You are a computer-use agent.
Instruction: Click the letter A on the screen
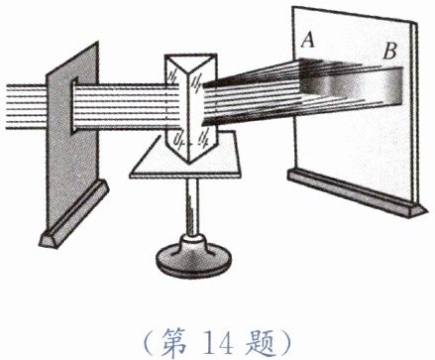307,40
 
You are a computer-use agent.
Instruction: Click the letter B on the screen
389,52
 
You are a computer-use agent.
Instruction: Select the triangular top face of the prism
190,64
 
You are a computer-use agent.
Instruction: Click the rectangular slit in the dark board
73,106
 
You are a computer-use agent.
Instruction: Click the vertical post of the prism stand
191,206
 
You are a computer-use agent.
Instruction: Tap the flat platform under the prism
185,156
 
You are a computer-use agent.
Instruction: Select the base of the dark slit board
73,214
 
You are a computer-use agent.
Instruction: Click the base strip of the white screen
358,193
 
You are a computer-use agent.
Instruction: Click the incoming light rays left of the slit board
26,106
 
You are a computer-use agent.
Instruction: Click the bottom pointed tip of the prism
189,164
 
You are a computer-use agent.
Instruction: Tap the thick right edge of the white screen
415,112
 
